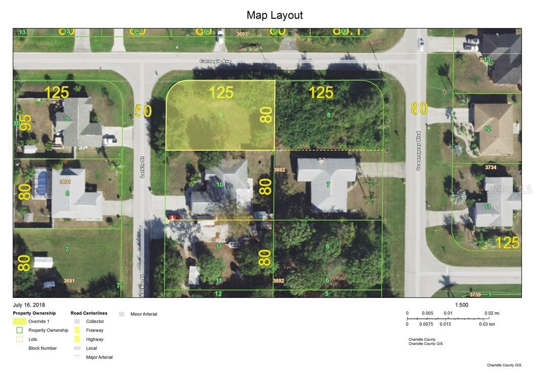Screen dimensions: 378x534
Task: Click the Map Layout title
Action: [x=275, y=15]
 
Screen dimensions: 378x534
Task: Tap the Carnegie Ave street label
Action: [x=215, y=61]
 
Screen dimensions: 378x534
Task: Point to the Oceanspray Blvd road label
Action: [x=418, y=151]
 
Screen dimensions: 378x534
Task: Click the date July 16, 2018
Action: [x=29, y=305]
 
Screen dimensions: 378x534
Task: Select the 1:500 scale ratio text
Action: [x=462, y=305]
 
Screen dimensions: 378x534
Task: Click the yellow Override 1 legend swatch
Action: [x=20, y=321]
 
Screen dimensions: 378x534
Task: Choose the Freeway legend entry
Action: [x=94, y=330]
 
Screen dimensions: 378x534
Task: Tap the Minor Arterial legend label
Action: [x=143, y=314]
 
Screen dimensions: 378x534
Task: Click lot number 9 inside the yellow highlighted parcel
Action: [x=220, y=115]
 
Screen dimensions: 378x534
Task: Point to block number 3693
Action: [x=242, y=34]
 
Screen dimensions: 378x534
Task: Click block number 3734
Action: [x=490, y=167]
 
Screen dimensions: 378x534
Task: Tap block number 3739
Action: [x=475, y=294]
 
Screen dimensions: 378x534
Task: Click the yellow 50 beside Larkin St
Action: [x=144, y=110]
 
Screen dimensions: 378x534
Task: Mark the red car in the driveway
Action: [x=174, y=217]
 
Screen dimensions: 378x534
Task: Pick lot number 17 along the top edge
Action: [x=275, y=32]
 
